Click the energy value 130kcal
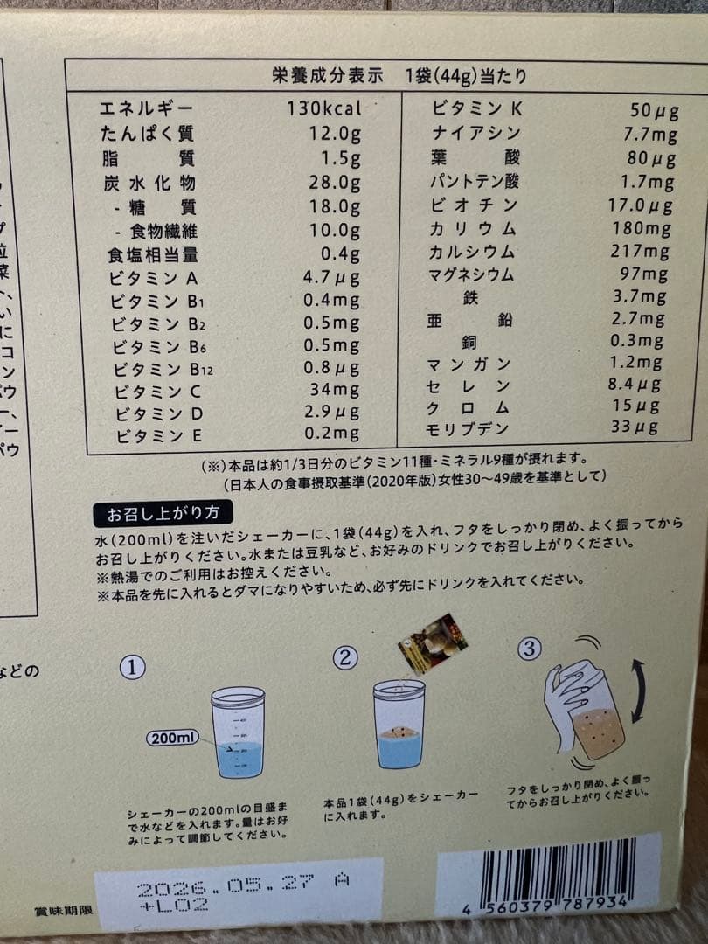coord(323,109)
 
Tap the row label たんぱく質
coord(146,134)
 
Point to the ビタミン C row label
coord(155,390)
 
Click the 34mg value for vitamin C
coord(334,389)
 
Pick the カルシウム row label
coord(472,252)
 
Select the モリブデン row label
coord(468,428)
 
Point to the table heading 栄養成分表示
coord(328,75)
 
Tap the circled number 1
coord(131,668)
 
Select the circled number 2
coord(347,656)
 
